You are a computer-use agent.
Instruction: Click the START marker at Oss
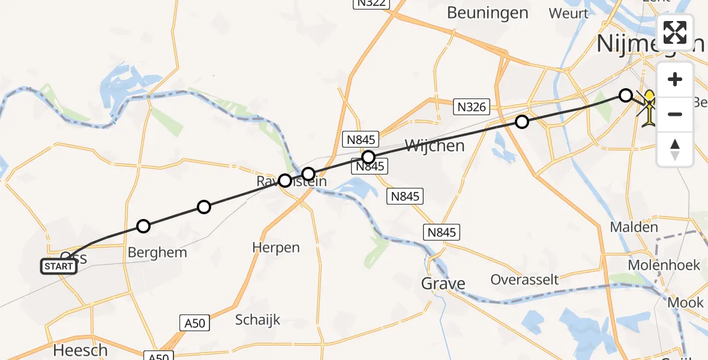tap(59, 266)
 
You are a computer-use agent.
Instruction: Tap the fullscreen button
tap(675, 32)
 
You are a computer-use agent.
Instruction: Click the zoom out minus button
tap(675, 114)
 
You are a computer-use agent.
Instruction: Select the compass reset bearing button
tap(675, 149)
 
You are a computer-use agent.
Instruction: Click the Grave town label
tap(443, 283)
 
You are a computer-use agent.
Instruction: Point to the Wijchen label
tap(435, 146)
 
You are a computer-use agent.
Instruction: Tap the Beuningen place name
tap(487, 13)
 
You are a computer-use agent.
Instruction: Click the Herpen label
tap(276, 247)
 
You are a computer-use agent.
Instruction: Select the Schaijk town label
tap(258, 320)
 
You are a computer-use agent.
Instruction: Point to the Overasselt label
tap(524, 280)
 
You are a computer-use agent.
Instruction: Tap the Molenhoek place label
tap(664, 265)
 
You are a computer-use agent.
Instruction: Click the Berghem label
tap(157, 253)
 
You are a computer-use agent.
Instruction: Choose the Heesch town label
tap(80, 350)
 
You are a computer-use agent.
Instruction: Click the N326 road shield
tap(471, 107)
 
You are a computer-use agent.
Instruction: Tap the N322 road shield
tap(371, 3)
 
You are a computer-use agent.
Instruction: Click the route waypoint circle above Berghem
tap(143, 226)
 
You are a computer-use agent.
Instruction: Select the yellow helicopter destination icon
tap(649, 109)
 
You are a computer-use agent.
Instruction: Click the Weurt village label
tap(568, 13)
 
